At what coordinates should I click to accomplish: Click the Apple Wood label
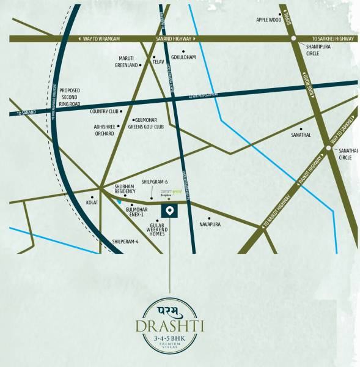[x=268, y=20]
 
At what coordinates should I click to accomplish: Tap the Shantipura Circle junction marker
[x=294, y=39]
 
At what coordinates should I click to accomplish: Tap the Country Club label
[x=103, y=112]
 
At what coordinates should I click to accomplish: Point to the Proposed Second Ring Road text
[x=73, y=98]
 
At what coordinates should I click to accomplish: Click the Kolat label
[x=92, y=201]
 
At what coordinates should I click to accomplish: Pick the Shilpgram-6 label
[x=154, y=182]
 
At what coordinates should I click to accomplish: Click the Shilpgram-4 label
[x=125, y=242]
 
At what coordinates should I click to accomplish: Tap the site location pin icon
[x=169, y=211]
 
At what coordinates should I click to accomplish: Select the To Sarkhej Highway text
[x=331, y=38]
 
